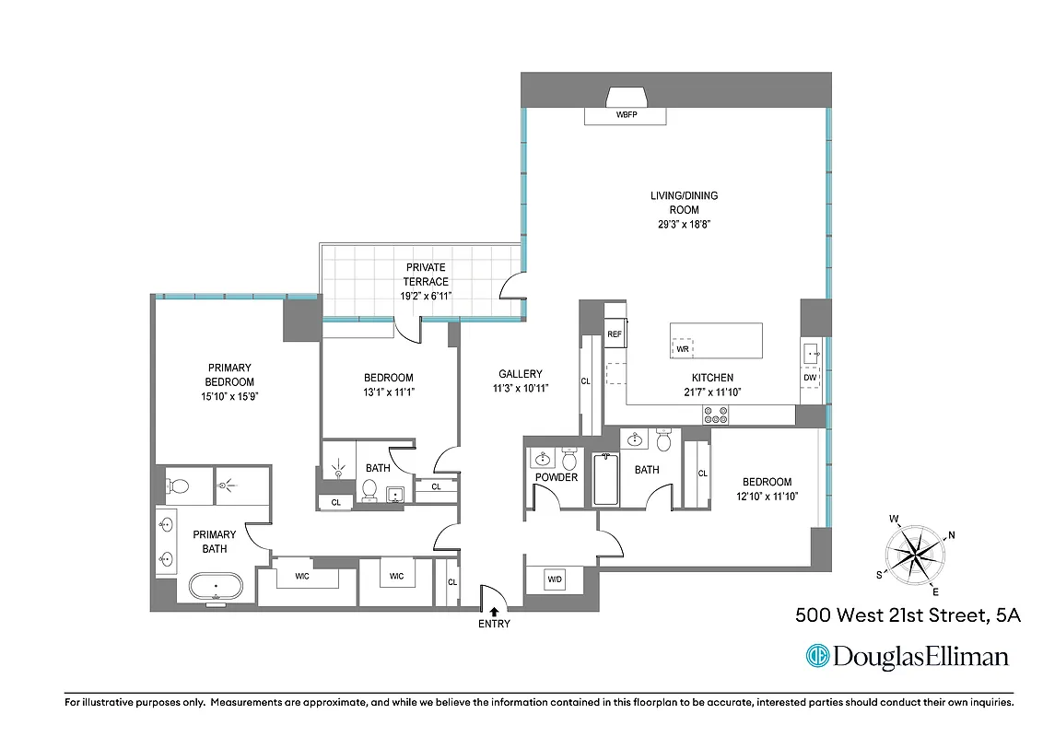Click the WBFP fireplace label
tap(626, 116)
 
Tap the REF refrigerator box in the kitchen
tap(615, 334)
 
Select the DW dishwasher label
tap(811, 377)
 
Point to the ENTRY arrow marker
tap(494, 610)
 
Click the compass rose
tap(913, 554)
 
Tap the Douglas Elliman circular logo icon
tap(816, 656)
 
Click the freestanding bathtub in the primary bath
tap(216, 586)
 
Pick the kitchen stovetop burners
tap(715, 415)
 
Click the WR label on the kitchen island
tap(683, 349)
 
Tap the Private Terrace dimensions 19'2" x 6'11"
tap(425, 297)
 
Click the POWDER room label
tap(556, 477)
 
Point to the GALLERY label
tap(521, 374)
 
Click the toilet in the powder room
tap(568, 459)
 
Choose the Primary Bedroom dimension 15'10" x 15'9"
tap(229, 396)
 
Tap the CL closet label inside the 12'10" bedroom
tap(702, 474)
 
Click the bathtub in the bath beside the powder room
tap(605, 479)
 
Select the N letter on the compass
tap(952, 535)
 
